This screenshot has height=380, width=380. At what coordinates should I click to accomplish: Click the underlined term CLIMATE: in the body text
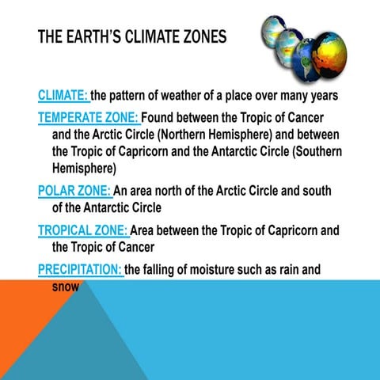(63, 96)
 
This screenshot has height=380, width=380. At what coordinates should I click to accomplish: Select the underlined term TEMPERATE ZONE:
(89, 118)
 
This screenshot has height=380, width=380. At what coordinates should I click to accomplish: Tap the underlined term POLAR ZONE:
(75, 191)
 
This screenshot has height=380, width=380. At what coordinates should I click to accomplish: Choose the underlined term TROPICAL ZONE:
(83, 230)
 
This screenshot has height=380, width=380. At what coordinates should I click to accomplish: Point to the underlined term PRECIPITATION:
(80, 269)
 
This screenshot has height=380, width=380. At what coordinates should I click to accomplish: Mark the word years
(322, 96)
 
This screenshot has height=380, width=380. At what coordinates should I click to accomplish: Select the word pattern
(134, 96)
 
